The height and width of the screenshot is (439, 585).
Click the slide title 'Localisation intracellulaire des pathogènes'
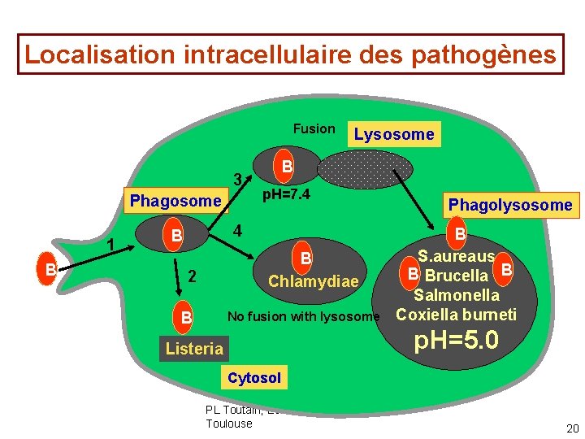point(291,54)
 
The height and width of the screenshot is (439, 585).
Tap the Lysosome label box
point(394,134)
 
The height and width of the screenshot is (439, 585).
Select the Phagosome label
point(175,200)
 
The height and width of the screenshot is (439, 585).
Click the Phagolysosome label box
point(510,205)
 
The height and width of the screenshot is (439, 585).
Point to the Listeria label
point(193,349)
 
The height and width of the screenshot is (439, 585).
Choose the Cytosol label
point(254,377)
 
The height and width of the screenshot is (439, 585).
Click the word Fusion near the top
point(314,128)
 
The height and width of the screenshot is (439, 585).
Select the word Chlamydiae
point(313,281)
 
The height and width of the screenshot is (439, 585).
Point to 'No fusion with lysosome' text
point(303,316)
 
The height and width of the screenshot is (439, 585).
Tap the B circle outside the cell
point(50,268)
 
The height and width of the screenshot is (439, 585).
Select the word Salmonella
point(456,296)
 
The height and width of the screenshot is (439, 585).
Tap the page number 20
point(572,428)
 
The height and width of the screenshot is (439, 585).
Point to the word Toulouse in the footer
point(229,423)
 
